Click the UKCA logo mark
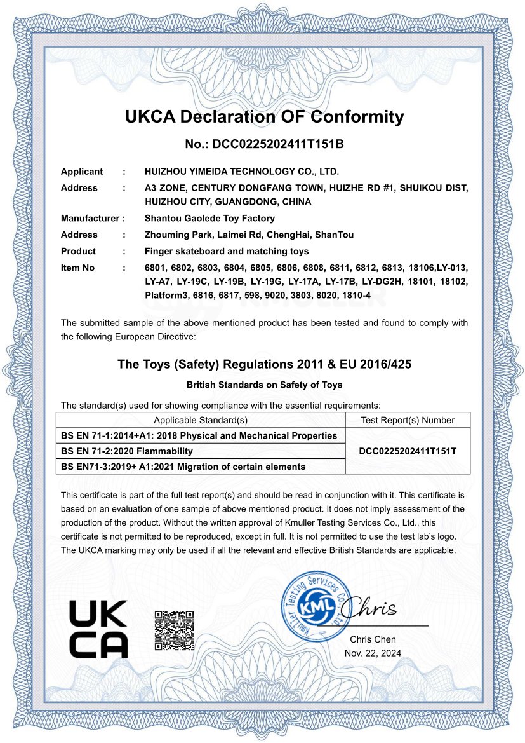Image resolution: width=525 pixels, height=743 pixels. click(98, 629)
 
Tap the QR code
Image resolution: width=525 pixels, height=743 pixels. click(174, 630)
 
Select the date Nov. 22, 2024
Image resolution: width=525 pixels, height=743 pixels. click(373, 653)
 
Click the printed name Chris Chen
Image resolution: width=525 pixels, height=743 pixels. click(373, 639)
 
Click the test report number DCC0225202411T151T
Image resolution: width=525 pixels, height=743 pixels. click(408, 451)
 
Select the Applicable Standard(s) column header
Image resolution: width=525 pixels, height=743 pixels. click(200, 420)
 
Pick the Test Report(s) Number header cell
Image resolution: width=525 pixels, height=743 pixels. click(408, 420)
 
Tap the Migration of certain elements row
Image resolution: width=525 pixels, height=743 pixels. click(183, 467)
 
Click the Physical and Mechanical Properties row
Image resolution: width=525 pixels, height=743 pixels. click(199, 435)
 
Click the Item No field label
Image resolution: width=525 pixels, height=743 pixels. click(77, 268)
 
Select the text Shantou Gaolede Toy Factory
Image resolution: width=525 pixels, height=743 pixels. click(209, 219)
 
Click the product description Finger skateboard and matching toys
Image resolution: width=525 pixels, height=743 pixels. click(227, 252)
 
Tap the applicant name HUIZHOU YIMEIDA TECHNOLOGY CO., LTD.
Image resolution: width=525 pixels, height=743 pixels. click(242, 172)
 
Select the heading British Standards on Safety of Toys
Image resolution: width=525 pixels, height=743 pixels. click(264, 385)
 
